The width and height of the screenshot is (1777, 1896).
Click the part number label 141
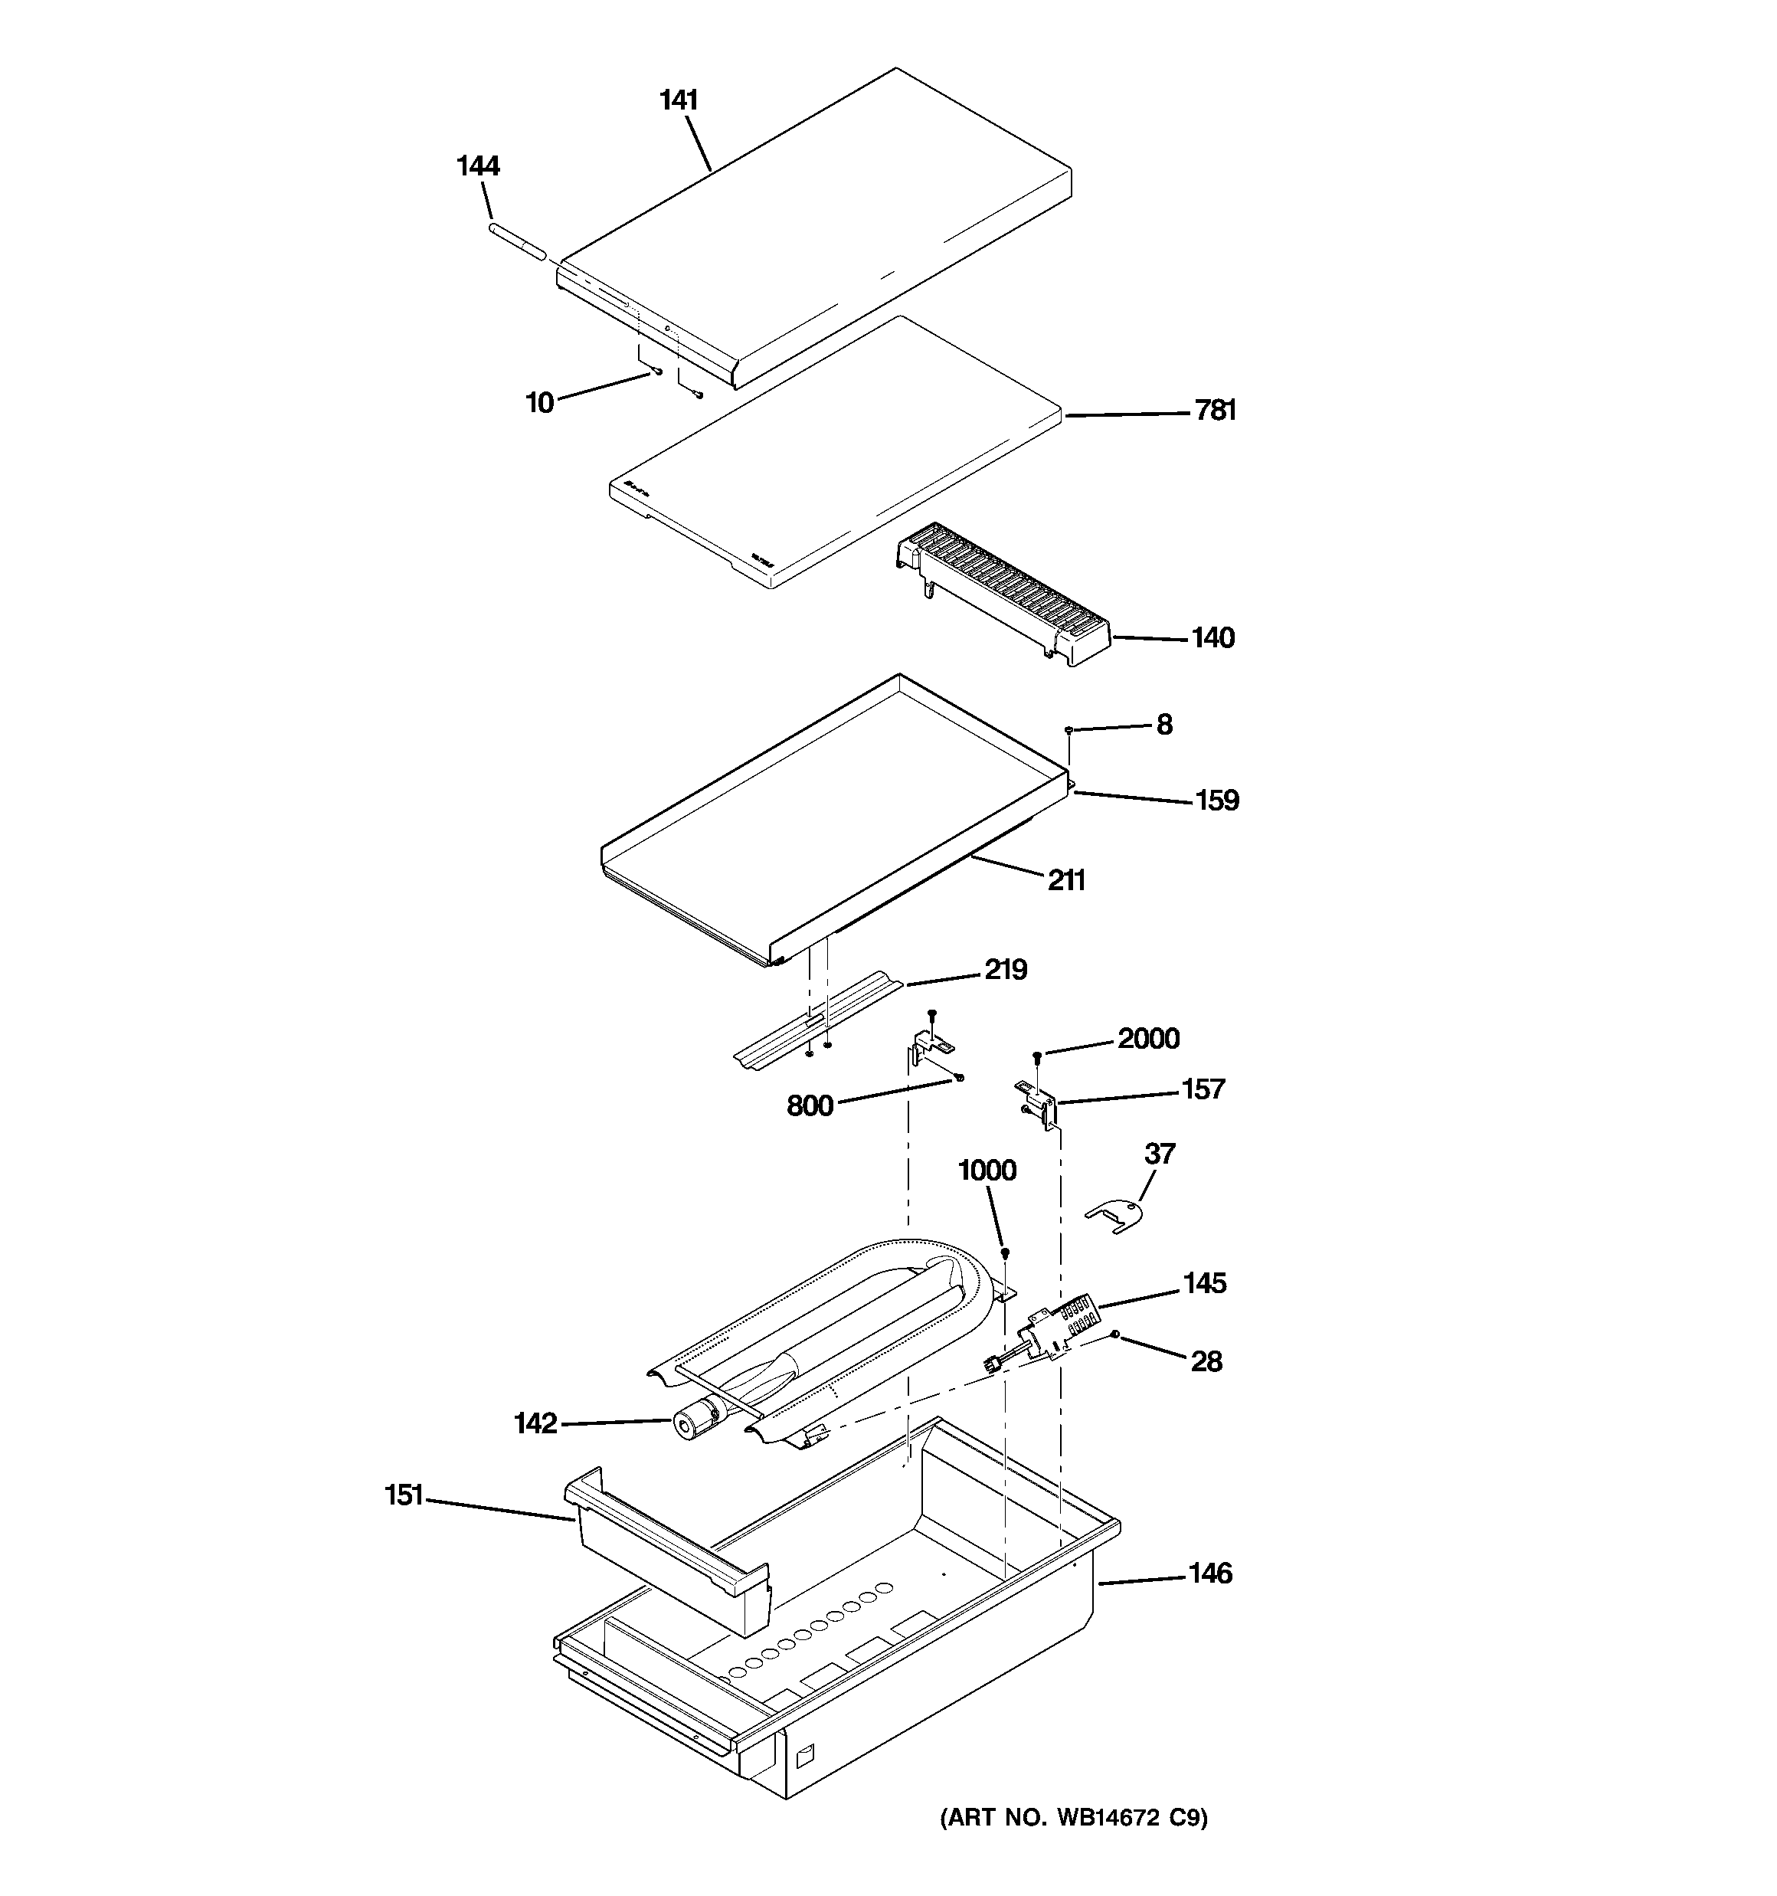(x=679, y=100)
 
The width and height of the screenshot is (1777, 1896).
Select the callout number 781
(x=1216, y=411)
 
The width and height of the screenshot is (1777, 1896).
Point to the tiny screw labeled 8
(x=1069, y=729)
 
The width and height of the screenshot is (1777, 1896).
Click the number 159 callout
(x=1217, y=801)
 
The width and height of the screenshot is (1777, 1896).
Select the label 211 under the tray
(x=1066, y=880)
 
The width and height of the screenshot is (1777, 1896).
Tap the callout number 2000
(x=1148, y=1039)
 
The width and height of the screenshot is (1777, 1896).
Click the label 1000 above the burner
(x=987, y=1171)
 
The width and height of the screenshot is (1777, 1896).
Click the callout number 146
(x=1209, y=1573)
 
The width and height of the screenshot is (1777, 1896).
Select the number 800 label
(x=810, y=1106)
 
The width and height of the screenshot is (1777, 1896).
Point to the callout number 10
(x=540, y=404)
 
